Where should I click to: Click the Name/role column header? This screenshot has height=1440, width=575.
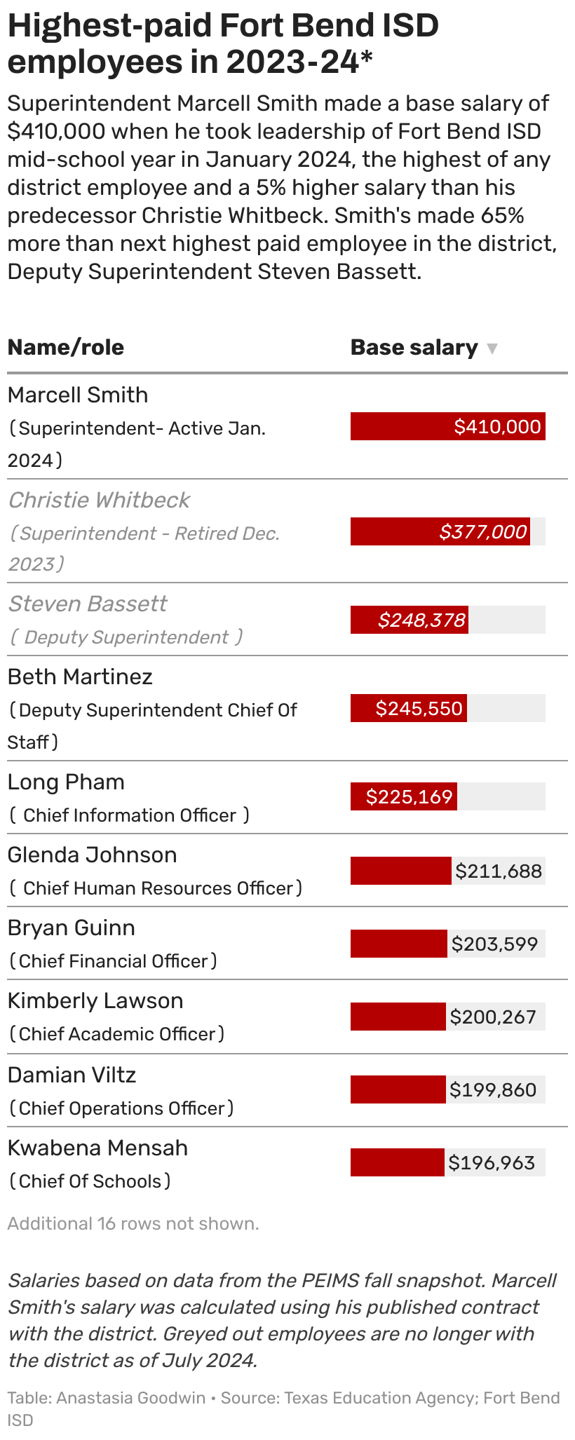[x=65, y=347]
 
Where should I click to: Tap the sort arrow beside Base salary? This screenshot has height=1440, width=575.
[x=492, y=348]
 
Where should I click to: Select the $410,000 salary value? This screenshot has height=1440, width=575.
[x=497, y=427]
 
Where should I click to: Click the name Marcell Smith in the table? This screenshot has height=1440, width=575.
[x=78, y=395]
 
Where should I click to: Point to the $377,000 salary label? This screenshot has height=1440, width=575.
[x=483, y=531]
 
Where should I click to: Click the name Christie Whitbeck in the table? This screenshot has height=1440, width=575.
[x=99, y=500]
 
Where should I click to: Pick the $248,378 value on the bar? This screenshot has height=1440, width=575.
[x=421, y=620]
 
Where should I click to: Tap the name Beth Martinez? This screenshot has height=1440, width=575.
[x=80, y=677]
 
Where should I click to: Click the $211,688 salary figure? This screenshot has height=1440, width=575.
[x=499, y=871]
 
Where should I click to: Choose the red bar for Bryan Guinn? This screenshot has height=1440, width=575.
[x=398, y=944]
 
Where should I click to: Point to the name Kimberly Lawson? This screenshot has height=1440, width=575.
[x=95, y=1000]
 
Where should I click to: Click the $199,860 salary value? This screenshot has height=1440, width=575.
[x=493, y=1089]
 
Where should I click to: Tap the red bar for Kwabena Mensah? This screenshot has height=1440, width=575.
[x=397, y=1162]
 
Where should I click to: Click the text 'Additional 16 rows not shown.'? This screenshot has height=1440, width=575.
[x=133, y=1223]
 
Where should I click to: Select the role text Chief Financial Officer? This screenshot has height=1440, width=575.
[x=114, y=961]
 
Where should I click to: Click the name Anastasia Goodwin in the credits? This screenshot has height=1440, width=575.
[x=131, y=1398]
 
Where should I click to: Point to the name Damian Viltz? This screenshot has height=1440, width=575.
[x=72, y=1075]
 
